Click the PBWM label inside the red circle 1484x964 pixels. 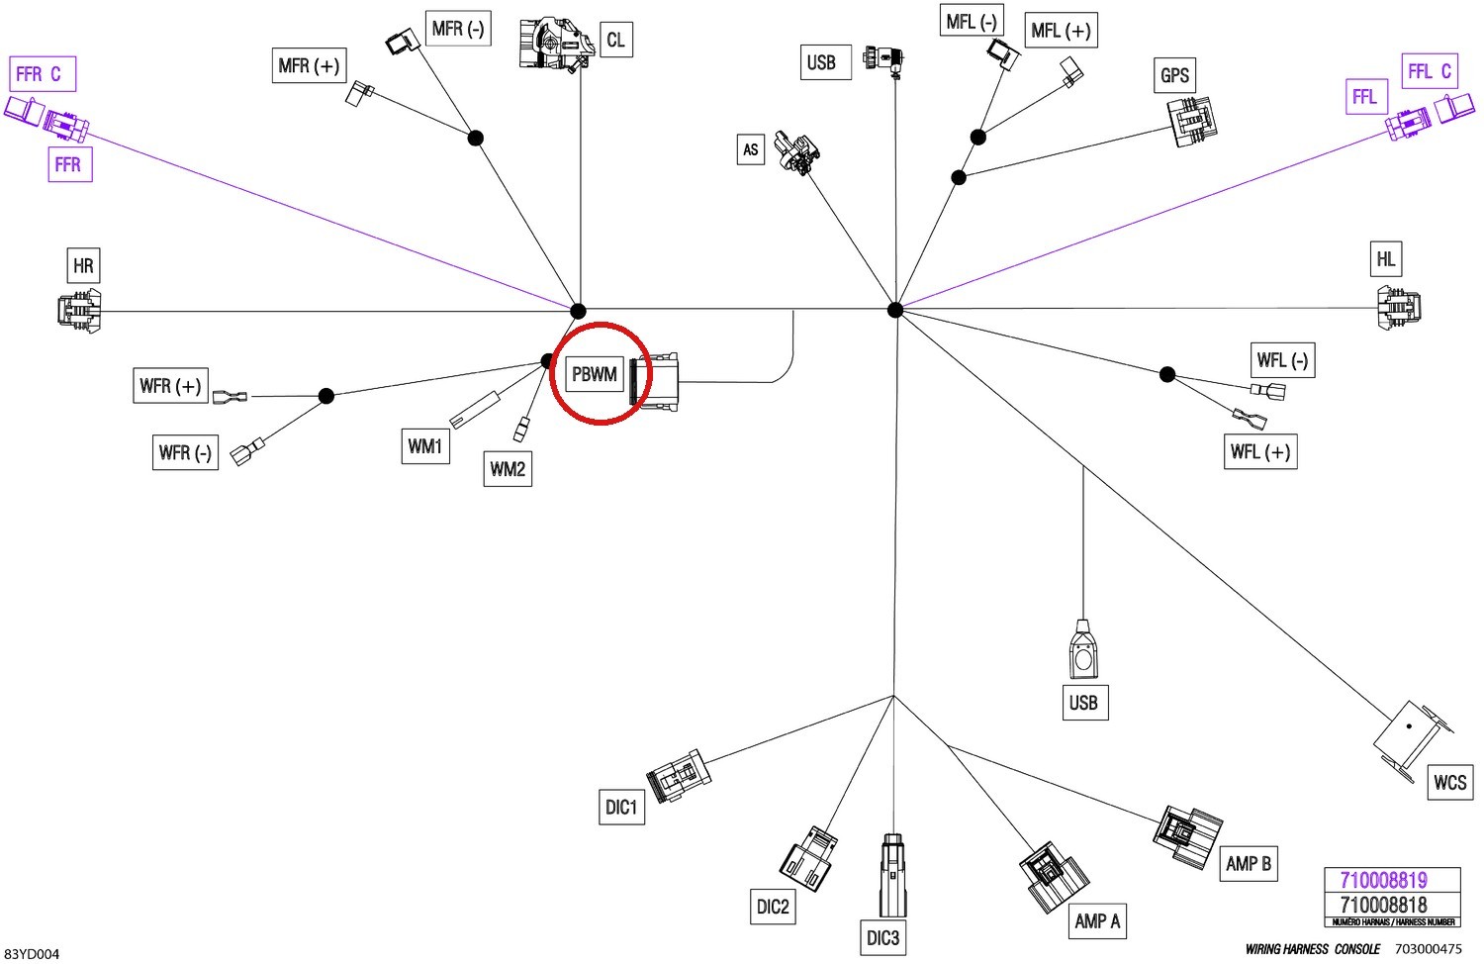[x=595, y=374]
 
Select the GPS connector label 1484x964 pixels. [x=1174, y=75]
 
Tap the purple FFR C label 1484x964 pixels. [x=43, y=73]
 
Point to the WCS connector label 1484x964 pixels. [x=1450, y=782]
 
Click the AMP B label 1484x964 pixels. [x=1249, y=863]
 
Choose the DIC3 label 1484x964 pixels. [x=882, y=937]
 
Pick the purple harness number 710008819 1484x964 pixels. [x=1383, y=880]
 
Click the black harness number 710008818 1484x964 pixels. [x=1383, y=905]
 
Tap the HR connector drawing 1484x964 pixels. [x=79, y=311]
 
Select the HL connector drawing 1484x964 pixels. [x=1399, y=308]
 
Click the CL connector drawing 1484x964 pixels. [x=555, y=45]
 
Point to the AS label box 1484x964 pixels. [x=751, y=149]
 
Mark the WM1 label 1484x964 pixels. [x=425, y=446]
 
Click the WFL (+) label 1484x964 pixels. [x=1260, y=451]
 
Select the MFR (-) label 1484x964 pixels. [x=458, y=29]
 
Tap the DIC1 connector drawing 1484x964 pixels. [x=679, y=776]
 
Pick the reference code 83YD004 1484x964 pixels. [x=31, y=954]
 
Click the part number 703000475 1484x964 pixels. [x=1428, y=949]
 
